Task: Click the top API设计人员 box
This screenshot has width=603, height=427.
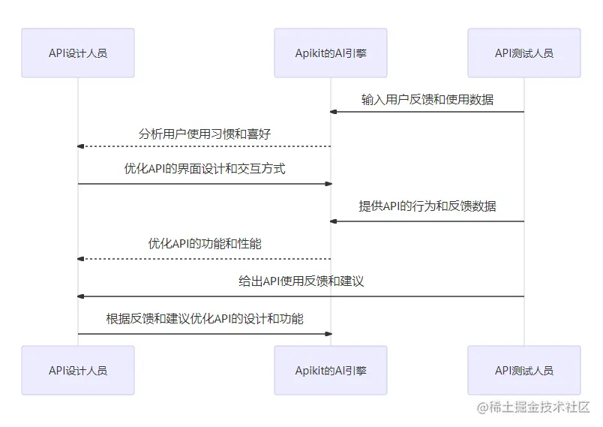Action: point(78,53)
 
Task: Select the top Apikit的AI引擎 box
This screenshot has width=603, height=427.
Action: point(331,53)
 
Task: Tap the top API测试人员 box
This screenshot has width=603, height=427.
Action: point(524,53)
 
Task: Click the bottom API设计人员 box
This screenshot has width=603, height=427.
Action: point(78,370)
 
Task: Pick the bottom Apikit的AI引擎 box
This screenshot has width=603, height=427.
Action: point(331,370)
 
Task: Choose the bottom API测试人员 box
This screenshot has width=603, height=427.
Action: point(524,370)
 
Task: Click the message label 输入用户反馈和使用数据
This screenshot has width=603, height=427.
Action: point(427,99)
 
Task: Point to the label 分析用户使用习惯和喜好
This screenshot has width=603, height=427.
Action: point(205,134)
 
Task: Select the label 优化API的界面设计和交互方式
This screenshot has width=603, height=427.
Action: point(205,169)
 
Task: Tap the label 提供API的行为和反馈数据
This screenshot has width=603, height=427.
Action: point(427,206)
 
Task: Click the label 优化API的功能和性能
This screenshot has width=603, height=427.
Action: point(205,243)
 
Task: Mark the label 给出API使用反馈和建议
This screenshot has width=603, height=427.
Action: point(301,281)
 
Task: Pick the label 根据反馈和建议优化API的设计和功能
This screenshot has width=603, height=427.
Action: point(205,318)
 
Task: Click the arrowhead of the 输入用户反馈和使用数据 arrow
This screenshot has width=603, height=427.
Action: point(334,112)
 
